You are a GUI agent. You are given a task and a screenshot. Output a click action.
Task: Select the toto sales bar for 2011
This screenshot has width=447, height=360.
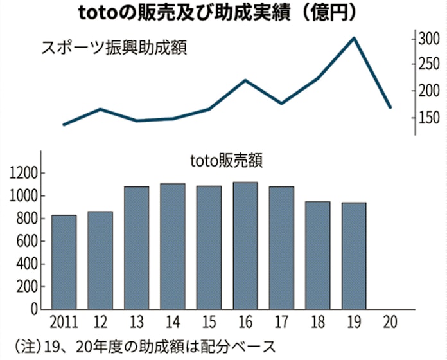64,262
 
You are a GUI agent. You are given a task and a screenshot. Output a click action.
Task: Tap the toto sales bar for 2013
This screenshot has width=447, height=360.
136,248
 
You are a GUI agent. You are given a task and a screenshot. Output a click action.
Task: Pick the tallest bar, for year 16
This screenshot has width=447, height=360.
245,245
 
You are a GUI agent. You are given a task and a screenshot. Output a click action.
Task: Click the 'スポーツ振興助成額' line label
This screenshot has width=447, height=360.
114,48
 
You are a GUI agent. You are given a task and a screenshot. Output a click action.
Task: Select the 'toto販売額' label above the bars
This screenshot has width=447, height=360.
227,160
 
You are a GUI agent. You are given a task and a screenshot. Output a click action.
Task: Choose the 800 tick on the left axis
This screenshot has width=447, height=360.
27,219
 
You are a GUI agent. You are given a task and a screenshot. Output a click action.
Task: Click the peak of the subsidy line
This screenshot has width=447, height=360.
354,38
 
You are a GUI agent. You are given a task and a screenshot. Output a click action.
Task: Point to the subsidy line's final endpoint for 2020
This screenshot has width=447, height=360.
390,107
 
